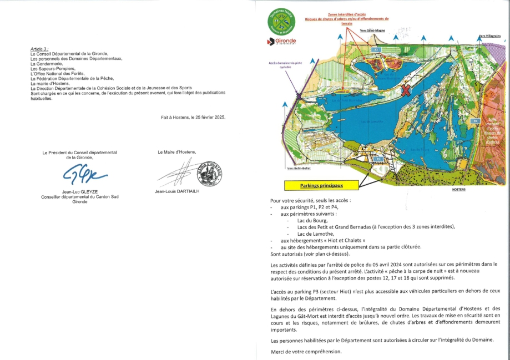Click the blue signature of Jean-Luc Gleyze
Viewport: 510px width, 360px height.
point(84,176)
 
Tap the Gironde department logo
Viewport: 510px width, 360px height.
point(282,42)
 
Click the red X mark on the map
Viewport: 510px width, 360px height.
point(406,90)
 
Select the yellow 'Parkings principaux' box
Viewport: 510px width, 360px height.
point(321,186)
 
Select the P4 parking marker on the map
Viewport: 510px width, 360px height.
point(474,121)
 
